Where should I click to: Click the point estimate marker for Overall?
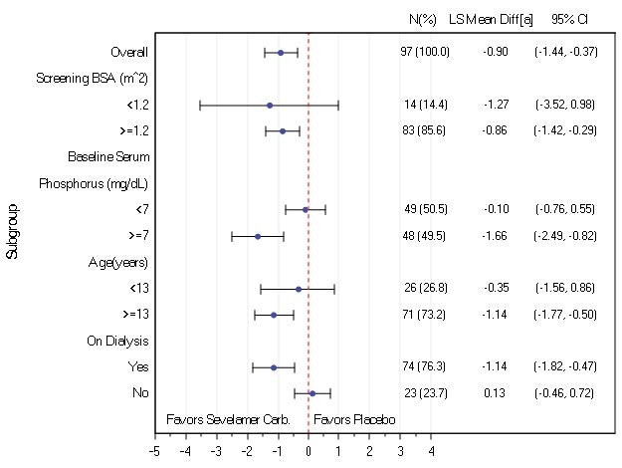pyautogui.click(x=281, y=52)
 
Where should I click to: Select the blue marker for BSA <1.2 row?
pyautogui.click(x=270, y=105)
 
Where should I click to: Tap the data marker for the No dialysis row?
pyautogui.click(x=312, y=393)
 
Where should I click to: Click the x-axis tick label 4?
pyautogui.click(x=431, y=451)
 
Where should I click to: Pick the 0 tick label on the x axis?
pyautogui.click(x=309, y=451)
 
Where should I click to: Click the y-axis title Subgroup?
pyautogui.click(x=12, y=234)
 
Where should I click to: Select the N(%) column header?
pyautogui.click(x=424, y=19)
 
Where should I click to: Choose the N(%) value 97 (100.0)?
pyautogui.click(x=425, y=52)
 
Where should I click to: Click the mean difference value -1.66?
pyautogui.click(x=495, y=236)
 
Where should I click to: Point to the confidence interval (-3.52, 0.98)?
pyautogui.click(x=565, y=105)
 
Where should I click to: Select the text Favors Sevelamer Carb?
pyautogui.click(x=228, y=420)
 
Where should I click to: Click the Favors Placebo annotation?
pyautogui.click(x=354, y=420)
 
